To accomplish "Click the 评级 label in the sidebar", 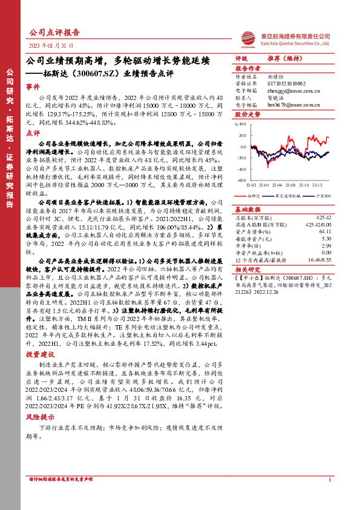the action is click(241, 58).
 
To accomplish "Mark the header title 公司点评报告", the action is click(54, 32).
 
